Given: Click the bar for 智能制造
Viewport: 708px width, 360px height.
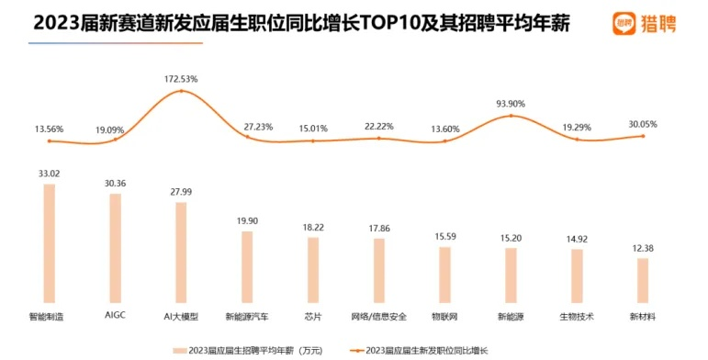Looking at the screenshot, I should click(x=50, y=244).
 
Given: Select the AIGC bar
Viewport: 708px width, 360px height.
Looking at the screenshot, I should click(x=115, y=249).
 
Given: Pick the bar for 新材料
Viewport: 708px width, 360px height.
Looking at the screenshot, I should click(x=643, y=281).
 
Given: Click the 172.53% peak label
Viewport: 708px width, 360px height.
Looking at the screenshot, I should click(x=182, y=80).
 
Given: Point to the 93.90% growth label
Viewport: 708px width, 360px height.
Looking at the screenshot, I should click(x=511, y=104).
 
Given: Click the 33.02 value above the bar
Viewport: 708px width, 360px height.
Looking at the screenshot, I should click(x=50, y=173).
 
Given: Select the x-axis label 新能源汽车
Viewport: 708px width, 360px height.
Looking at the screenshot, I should click(x=247, y=317).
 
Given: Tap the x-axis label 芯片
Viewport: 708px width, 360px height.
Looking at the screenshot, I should click(x=312, y=317).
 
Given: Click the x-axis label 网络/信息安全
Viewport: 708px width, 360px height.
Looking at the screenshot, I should click(x=378, y=317).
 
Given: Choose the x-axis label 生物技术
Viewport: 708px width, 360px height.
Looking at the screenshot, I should click(x=577, y=317).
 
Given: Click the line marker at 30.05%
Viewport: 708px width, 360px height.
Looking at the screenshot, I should click(x=643, y=136).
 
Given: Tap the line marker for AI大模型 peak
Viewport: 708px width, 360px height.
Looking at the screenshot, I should click(x=182, y=91).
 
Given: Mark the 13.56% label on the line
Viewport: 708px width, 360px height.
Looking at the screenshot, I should click(x=50, y=129).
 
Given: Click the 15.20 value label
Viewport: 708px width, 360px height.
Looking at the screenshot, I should click(x=511, y=237).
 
